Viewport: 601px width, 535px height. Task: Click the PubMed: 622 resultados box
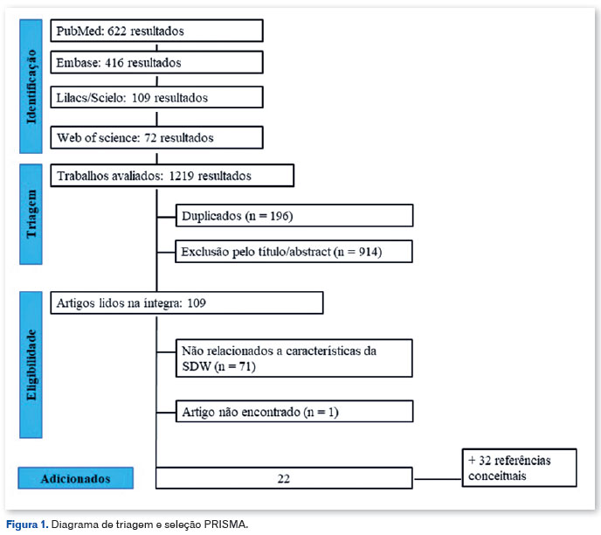156,31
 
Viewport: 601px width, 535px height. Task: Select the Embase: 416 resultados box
156,62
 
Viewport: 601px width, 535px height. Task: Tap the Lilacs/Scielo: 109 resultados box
156,97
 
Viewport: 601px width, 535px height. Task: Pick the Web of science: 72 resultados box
156,137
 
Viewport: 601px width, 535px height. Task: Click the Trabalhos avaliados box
172,176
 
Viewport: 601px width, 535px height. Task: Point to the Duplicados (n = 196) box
294,216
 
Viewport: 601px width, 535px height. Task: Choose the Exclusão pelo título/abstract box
294,252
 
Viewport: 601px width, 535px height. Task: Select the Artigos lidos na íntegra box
187,303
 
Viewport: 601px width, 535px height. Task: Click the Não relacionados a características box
294,358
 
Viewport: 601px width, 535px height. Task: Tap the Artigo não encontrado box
294,412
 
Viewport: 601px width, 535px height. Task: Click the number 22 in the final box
284,479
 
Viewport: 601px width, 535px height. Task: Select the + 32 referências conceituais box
520,468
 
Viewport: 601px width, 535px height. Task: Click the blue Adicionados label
75,478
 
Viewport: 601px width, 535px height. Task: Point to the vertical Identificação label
31,87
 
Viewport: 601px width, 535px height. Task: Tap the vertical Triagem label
31,214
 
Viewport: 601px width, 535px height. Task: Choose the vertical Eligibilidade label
31,365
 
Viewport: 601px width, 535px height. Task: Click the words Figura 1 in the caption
27,525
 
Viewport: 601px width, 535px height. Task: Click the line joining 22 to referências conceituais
438,479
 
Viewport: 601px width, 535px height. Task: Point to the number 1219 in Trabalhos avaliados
182,176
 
